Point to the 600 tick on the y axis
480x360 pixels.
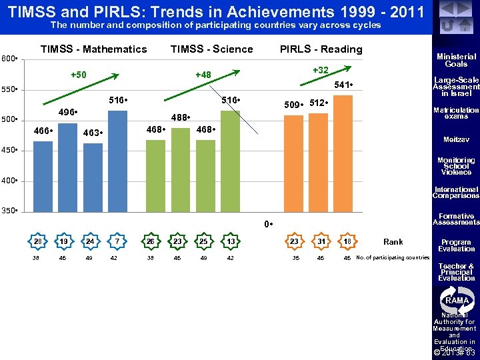click(9, 58)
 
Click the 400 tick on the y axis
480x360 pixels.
click(9, 181)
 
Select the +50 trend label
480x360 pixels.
click(79, 74)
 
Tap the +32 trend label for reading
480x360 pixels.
click(321, 70)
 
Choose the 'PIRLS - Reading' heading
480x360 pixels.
click(321, 49)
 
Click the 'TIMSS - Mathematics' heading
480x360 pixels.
click(93, 49)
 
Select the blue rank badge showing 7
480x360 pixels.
click(117, 241)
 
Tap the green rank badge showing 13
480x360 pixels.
click(230, 241)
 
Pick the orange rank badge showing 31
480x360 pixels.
click(321, 241)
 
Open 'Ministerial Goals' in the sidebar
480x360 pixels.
click(456, 61)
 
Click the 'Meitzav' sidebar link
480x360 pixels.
click(456, 140)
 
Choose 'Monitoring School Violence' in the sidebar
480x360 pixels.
click(456, 166)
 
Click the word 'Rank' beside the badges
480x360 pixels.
click(393, 241)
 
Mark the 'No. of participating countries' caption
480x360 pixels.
click(393, 257)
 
